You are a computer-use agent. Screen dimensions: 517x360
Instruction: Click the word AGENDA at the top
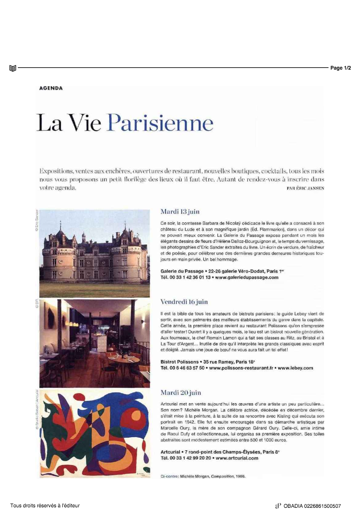51,88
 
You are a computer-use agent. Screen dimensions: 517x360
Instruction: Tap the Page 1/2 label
341,68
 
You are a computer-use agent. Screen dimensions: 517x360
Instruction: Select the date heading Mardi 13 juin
180,212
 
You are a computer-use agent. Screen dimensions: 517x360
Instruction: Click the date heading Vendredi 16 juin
184,302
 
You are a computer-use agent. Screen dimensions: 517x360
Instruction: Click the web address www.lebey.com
296,368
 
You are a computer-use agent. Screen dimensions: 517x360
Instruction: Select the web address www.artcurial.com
236,458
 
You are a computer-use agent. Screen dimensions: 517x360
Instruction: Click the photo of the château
95,253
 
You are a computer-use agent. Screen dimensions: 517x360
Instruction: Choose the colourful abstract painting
95,433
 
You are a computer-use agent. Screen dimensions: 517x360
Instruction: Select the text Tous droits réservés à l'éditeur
45,506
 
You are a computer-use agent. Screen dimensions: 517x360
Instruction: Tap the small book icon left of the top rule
13,68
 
